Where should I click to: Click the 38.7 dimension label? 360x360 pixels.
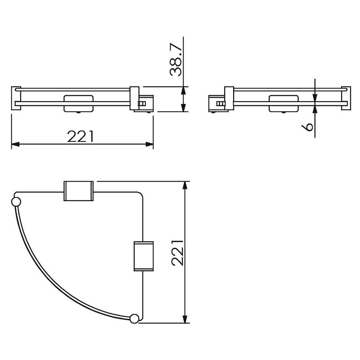click(x=175, y=60)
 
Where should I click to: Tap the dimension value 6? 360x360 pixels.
click(x=307, y=126)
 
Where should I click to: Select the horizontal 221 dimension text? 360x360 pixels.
click(x=81, y=137)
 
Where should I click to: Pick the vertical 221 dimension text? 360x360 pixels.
click(x=178, y=253)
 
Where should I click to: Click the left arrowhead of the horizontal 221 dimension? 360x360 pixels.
click(x=15, y=144)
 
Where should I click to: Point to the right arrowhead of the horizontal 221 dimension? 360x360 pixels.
click(x=149, y=144)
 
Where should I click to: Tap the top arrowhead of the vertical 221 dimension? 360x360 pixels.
click(x=184, y=185)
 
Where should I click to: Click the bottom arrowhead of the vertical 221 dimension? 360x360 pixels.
click(x=184, y=319)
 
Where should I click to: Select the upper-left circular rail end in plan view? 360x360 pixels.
click(x=16, y=202)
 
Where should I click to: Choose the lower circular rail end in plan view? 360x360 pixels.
click(x=134, y=319)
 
